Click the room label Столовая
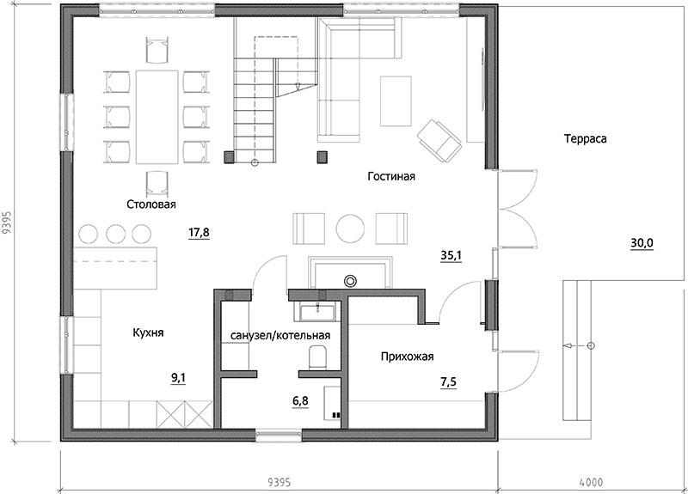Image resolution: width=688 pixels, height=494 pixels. click(x=151, y=204)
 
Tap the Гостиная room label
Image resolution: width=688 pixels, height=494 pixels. click(x=391, y=177)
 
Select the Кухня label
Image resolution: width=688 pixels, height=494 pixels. click(x=148, y=332)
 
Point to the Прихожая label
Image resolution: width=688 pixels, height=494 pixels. click(x=407, y=357)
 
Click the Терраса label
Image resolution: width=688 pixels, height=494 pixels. click(x=586, y=139)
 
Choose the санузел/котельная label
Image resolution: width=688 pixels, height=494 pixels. click(x=280, y=336)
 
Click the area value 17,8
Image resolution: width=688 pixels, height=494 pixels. click(x=199, y=232)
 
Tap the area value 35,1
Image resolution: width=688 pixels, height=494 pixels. click(x=451, y=255)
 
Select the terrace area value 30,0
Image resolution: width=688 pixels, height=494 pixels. click(x=642, y=243)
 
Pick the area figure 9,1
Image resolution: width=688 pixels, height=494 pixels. click(x=179, y=378)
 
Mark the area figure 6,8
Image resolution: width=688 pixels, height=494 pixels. click(x=300, y=400)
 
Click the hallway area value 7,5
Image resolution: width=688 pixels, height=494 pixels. click(x=448, y=381)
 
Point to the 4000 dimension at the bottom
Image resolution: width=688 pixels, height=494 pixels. click(x=591, y=482)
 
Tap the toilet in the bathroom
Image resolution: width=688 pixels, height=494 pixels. click(x=317, y=357)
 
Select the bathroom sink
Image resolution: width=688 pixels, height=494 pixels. click(x=317, y=311)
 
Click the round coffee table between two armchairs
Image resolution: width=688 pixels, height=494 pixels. click(x=350, y=228)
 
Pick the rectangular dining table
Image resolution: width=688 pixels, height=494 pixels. click(x=157, y=117)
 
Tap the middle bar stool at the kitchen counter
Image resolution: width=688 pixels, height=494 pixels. click(x=116, y=234)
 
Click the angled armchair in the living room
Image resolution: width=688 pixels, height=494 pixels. click(x=439, y=141)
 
